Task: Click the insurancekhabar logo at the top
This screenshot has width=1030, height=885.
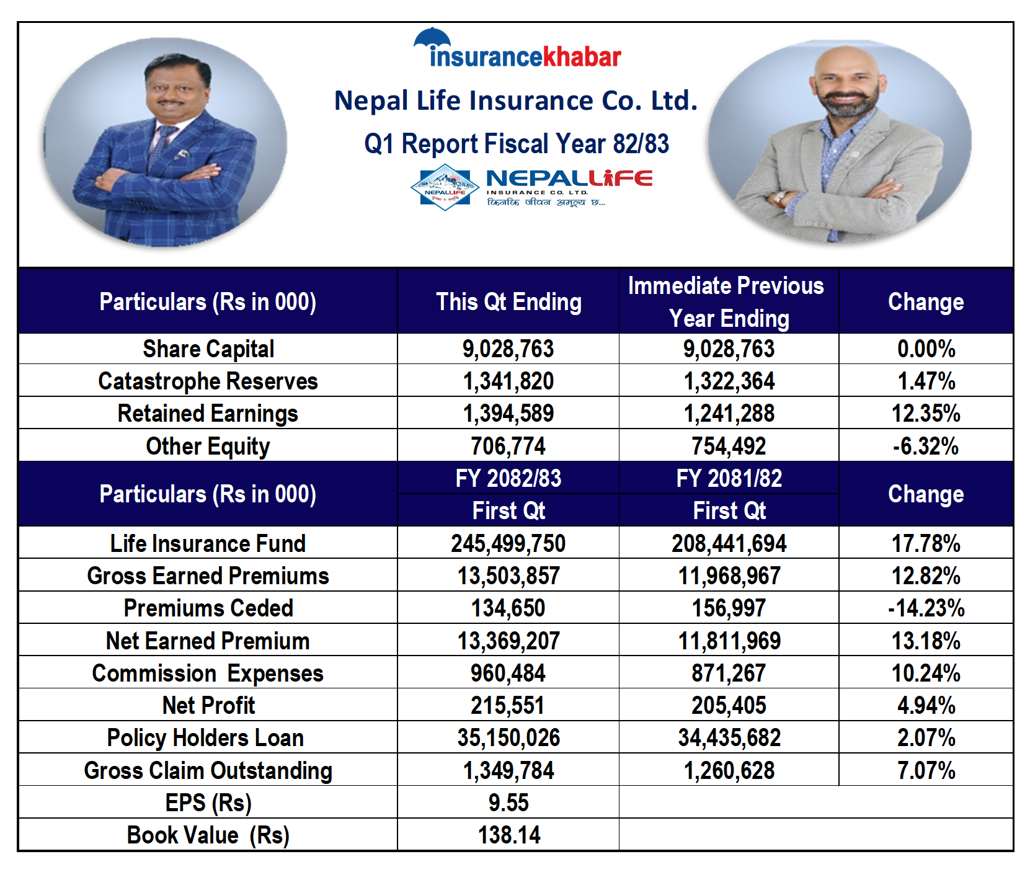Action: pos(518,50)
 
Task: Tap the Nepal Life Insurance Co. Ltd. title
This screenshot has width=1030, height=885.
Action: pos(516,100)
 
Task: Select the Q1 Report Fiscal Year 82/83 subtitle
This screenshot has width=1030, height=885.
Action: pos(516,144)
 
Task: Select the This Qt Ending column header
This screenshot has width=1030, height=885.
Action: pos(508,302)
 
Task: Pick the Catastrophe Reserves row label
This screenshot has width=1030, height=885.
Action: pos(208,381)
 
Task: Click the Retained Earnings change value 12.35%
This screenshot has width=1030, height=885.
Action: pos(926,414)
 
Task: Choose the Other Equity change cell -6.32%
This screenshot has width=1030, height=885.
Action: pos(926,446)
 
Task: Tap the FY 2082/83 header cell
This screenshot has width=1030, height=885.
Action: pos(508,478)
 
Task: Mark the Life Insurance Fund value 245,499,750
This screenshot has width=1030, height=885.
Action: pos(508,544)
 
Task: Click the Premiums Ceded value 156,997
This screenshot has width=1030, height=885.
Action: pos(729,608)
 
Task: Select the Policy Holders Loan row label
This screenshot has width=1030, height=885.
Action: pos(205,738)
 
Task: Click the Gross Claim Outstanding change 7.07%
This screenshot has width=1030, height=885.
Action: pos(926,771)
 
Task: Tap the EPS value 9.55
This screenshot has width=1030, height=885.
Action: pos(508,803)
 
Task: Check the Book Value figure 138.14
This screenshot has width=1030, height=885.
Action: pos(509,835)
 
